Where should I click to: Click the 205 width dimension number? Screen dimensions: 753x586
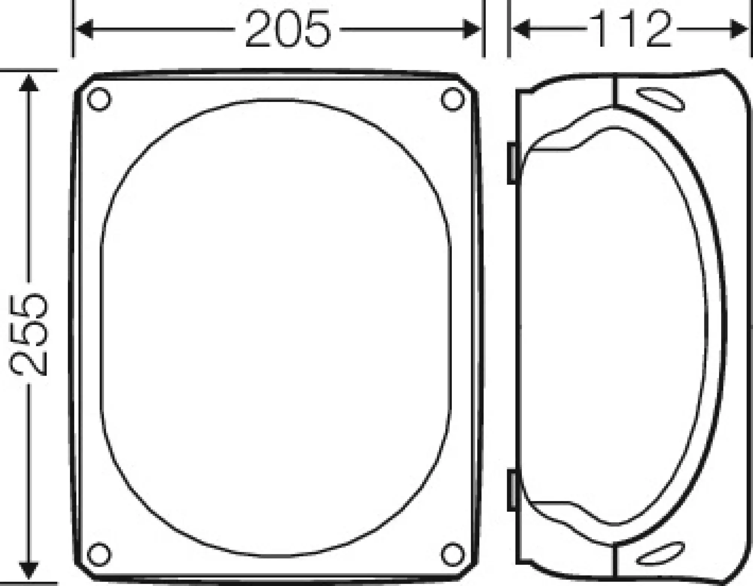pos(288,29)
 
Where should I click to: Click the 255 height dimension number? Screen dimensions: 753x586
pos(29,335)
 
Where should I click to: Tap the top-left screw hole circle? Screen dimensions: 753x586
pos(99,99)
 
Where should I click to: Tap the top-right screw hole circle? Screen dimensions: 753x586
pos(453,99)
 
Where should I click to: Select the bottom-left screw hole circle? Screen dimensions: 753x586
pos(99,554)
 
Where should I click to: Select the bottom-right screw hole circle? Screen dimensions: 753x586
pos(453,554)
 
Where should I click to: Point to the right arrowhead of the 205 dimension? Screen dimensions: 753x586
pos(472,29)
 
